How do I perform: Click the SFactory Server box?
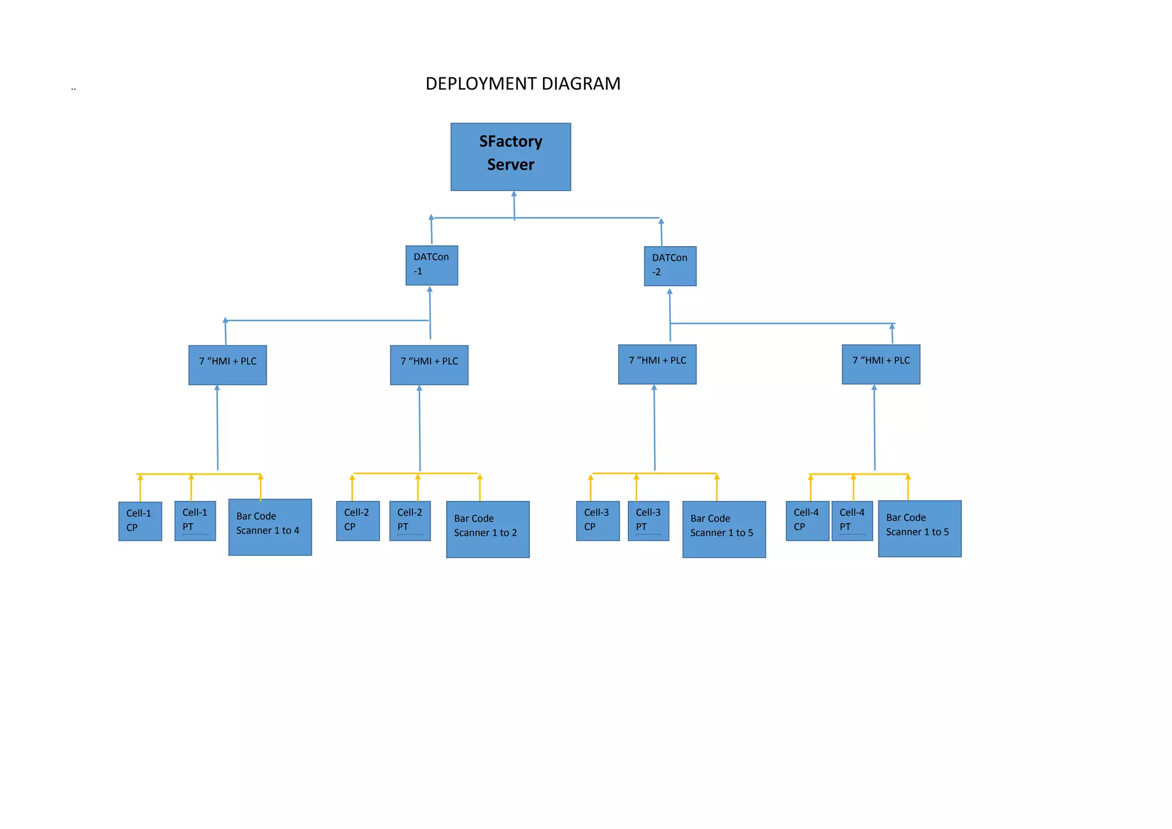coord(510,156)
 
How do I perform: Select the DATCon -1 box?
coord(431,265)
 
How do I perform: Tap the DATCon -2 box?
coord(670,266)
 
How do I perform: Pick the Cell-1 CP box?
coord(140,521)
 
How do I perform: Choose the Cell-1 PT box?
coord(195,520)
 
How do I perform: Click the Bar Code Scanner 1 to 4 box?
coord(270,527)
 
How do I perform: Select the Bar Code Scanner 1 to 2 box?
coord(488,529)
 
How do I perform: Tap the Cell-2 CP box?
coord(358,520)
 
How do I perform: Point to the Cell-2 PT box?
coord(410,520)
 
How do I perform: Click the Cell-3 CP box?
coord(597,520)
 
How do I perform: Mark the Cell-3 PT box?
coord(648,520)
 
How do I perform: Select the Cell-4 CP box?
coord(807,520)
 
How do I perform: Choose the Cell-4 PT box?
coord(852,520)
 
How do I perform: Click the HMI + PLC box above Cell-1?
coord(228,365)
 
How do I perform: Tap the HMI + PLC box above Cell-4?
coord(881,364)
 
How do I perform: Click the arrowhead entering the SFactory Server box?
coord(514,194)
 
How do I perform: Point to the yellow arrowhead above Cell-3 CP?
coord(591,477)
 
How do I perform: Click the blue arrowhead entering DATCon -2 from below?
coord(670,291)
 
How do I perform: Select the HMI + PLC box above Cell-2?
coord(429,365)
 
